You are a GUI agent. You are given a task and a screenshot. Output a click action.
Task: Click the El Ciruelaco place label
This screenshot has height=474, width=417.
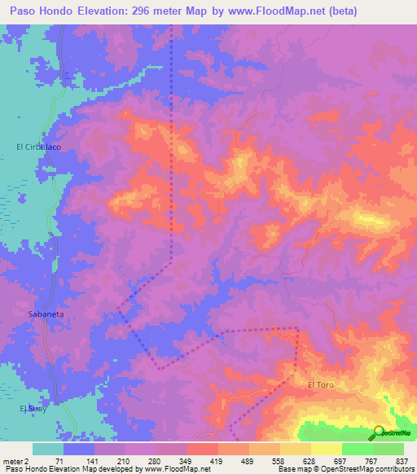(38, 147)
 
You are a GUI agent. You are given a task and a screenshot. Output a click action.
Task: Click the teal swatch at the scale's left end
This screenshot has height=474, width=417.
(48, 449)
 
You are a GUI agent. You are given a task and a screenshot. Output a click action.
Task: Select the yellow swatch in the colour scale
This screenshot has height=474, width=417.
(326, 449)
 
